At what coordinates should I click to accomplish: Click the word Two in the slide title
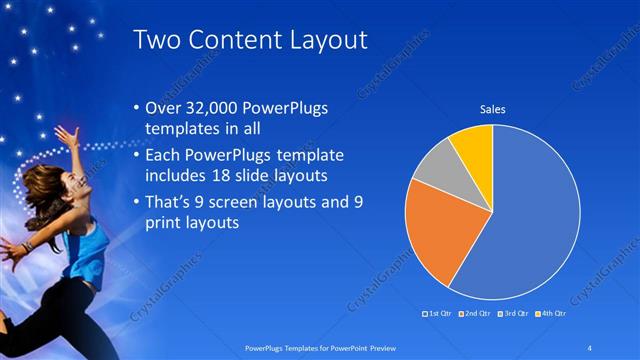click(157, 40)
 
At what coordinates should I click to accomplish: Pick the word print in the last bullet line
click(167, 224)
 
